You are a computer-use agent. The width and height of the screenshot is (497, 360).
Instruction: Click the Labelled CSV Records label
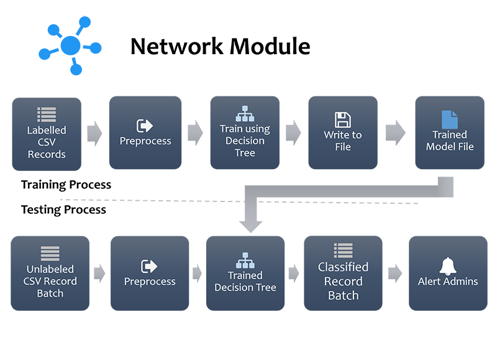[47, 142]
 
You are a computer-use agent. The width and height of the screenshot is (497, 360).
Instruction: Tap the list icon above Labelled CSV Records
[47, 114]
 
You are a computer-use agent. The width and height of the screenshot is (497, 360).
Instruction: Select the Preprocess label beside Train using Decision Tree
[145, 141]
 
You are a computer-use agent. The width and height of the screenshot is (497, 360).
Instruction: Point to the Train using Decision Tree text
[245, 141]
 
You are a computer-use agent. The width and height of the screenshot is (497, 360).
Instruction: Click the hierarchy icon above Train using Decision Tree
[245, 114]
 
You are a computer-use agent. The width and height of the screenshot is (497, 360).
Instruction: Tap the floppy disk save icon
[342, 119]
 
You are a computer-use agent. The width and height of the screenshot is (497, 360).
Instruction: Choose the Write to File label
[342, 141]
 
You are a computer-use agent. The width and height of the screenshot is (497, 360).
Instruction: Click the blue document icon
[449, 119]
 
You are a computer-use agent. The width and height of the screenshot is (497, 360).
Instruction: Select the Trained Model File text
[449, 141]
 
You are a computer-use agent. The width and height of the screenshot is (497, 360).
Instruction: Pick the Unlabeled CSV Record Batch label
[50, 281]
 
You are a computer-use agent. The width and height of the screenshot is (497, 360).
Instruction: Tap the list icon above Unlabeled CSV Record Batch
[50, 253]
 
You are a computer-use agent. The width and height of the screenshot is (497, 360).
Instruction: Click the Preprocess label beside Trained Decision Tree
[150, 282]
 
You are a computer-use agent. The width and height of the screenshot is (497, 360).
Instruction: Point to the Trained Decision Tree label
[245, 281]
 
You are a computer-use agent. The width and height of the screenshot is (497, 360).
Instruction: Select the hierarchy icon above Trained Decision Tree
[245, 259]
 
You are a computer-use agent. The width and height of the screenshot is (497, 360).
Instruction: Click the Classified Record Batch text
[343, 281]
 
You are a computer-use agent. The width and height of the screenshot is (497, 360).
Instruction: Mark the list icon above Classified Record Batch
[343, 250]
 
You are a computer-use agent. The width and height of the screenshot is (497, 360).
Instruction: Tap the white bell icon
[447, 266]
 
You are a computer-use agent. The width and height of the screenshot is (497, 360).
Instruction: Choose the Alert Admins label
[448, 282]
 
